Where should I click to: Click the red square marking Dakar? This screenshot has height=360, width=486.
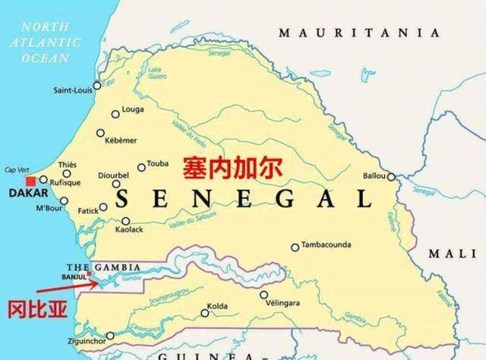(x=30, y=182)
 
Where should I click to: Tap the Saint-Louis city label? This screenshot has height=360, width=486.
(x=72, y=90)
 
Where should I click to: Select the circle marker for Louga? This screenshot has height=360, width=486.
(x=115, y=114)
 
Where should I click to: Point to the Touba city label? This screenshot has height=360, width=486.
(x=158, y=163)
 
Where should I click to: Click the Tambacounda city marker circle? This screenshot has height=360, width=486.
(x=295, y=247)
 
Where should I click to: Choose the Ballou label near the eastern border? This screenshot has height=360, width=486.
(x=374, y=176)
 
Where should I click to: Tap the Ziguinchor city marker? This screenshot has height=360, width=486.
(x=111, y=335)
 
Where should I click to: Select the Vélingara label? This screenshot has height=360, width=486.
(x=284, y=303)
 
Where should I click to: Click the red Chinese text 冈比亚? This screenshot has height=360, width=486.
(x=34, y=310)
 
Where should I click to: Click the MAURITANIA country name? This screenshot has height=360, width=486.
(x=358, y=33)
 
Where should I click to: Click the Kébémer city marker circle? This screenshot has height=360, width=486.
(x=101, y=133)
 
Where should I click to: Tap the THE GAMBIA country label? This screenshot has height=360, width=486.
(x=104, y=267)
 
